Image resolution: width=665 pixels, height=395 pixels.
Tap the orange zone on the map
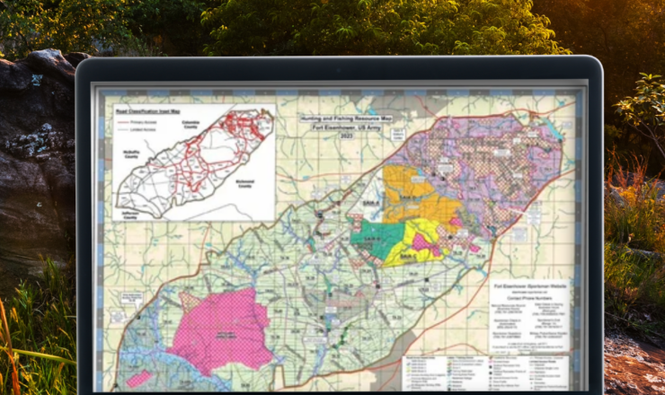[409, 193]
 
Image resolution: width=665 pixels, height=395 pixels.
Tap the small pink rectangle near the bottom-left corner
[134, 380]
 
